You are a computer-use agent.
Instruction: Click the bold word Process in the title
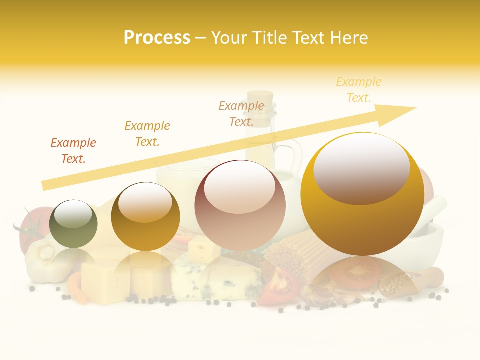pos(157,37)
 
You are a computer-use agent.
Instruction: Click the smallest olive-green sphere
pos(74,224)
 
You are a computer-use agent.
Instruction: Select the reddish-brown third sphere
pos(240,205)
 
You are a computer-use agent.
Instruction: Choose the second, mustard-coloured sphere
pos(145,216)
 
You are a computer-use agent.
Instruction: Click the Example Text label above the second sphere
pos(147,133)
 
